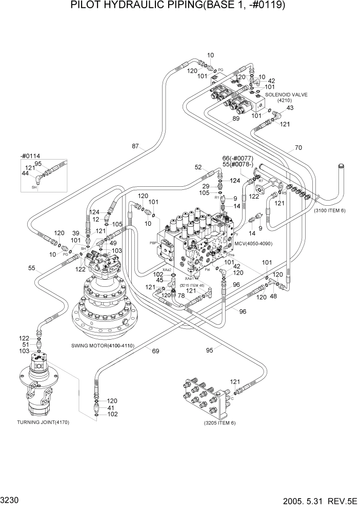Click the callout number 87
(135, 146)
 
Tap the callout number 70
(298, 148)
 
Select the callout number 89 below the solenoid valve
(236, 119)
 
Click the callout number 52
(198, 167)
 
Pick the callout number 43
(290, 108)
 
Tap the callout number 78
(181, 296)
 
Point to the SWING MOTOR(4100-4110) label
(103, 346)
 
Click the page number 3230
(12, 499)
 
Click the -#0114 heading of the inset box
(30, 155)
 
